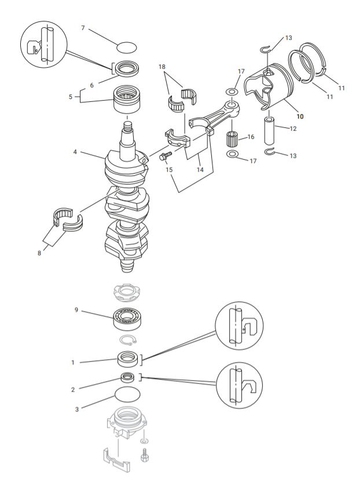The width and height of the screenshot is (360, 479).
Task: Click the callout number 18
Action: [x=162, y=67]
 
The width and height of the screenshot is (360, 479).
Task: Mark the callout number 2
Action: [x=73, y=389]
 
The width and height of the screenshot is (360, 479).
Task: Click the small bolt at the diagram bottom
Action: [x=145, y=455]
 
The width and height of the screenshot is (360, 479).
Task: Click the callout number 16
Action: [x=251, y=137]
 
